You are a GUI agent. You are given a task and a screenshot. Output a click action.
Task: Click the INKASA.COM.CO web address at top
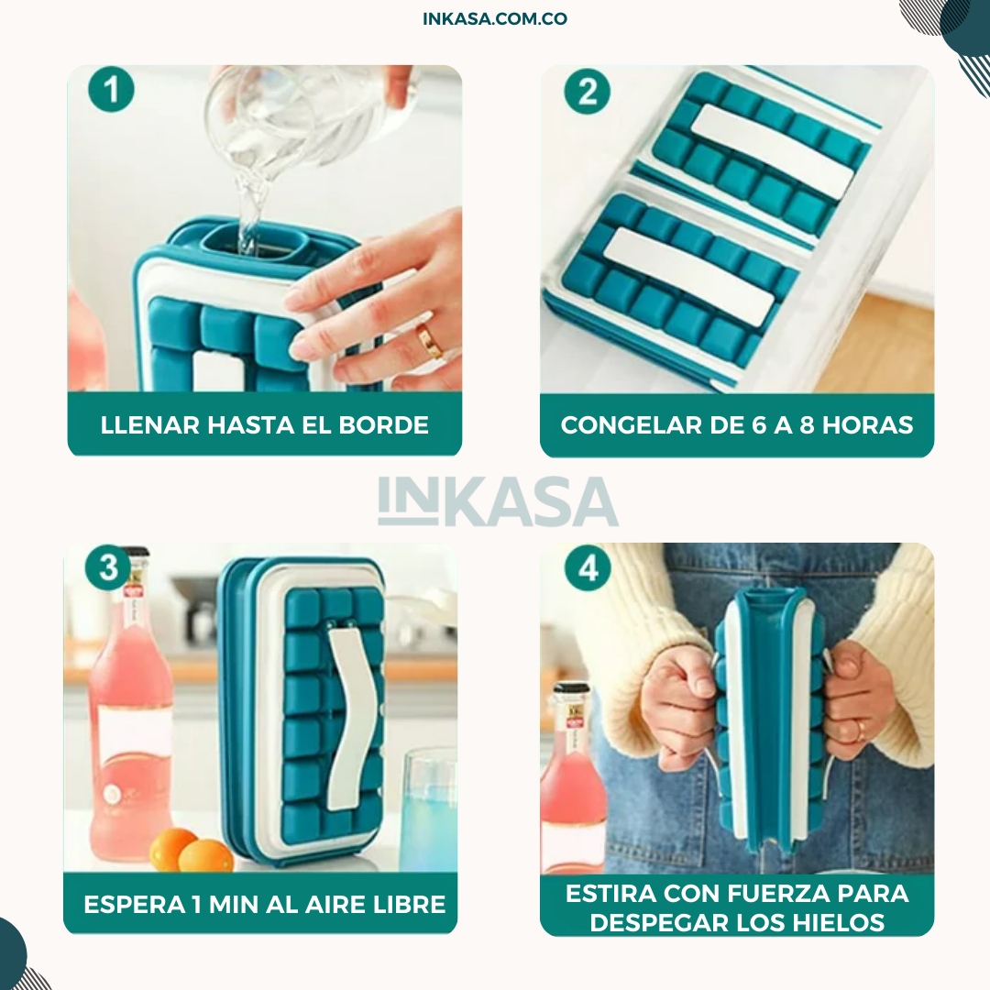[x=495, y=18]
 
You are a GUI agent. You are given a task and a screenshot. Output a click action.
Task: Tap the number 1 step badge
[x=111, y=89]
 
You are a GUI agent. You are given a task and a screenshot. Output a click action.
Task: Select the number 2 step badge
[x=588, y=91]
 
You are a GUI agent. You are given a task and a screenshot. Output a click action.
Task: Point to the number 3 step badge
[x=108, y=567]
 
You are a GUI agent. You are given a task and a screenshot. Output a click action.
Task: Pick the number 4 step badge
[x=588, y=567]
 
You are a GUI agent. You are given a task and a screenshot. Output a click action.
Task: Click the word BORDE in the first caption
[x=384, y=425]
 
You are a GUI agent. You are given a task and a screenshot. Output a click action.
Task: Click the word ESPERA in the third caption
[x=135, y=904]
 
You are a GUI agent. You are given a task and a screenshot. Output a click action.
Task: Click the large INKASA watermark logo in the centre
[x=498, y=501]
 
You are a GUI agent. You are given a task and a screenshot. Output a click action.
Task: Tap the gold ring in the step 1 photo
[x=429, y=340]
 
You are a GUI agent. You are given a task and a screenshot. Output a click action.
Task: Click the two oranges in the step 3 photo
[x=192, y=851]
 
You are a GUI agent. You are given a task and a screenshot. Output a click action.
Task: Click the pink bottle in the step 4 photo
[x=571, y=777]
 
